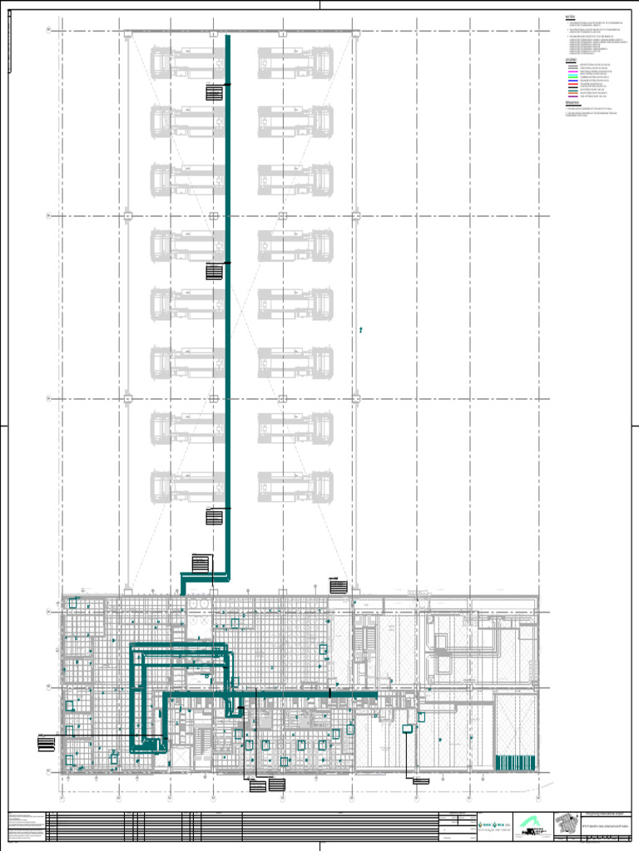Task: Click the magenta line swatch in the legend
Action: click(573, 71)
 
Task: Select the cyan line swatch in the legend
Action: click(573, 75)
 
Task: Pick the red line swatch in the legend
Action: click(573, 84)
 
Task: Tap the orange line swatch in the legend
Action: click(573, 93)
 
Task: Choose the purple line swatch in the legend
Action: click(573, 96)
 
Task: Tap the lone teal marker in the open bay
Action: click(361, 330)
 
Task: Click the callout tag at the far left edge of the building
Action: click(46, 741)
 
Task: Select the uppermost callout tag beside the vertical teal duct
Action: click(215, 93)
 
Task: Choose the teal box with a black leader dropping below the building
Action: click(408, 730)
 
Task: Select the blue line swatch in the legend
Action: click(573, 81)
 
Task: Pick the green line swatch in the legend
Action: click(573, 77)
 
